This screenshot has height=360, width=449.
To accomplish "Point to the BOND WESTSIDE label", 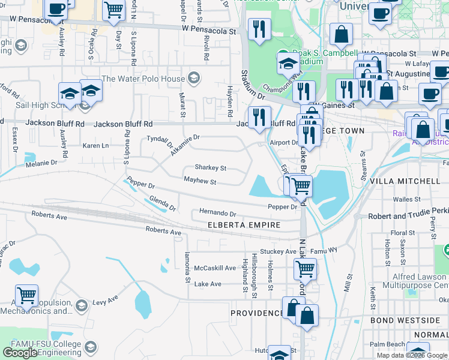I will [x=405, y=320].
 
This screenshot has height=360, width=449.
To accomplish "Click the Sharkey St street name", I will [x=210, y=168].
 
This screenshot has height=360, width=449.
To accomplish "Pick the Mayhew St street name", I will [x=200, y=180].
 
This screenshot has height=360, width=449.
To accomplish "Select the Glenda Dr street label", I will [x=162, y=203].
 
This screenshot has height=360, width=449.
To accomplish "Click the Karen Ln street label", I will [x=95, y=145].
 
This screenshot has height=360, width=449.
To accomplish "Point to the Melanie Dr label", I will [x=41, y=163].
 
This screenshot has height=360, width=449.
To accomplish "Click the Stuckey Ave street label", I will [x=278, y=251].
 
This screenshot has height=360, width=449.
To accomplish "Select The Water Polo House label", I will [x=143, y=79].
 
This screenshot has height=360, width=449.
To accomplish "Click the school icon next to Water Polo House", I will [x=194, y=78].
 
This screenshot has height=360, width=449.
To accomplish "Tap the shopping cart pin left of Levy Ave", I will [x=27, y=295].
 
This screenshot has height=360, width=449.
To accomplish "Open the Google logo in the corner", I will [x=20, y=353].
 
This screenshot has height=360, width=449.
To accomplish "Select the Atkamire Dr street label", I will [x=181, y=140].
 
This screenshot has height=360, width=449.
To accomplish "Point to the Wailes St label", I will [x=406, y=199].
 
